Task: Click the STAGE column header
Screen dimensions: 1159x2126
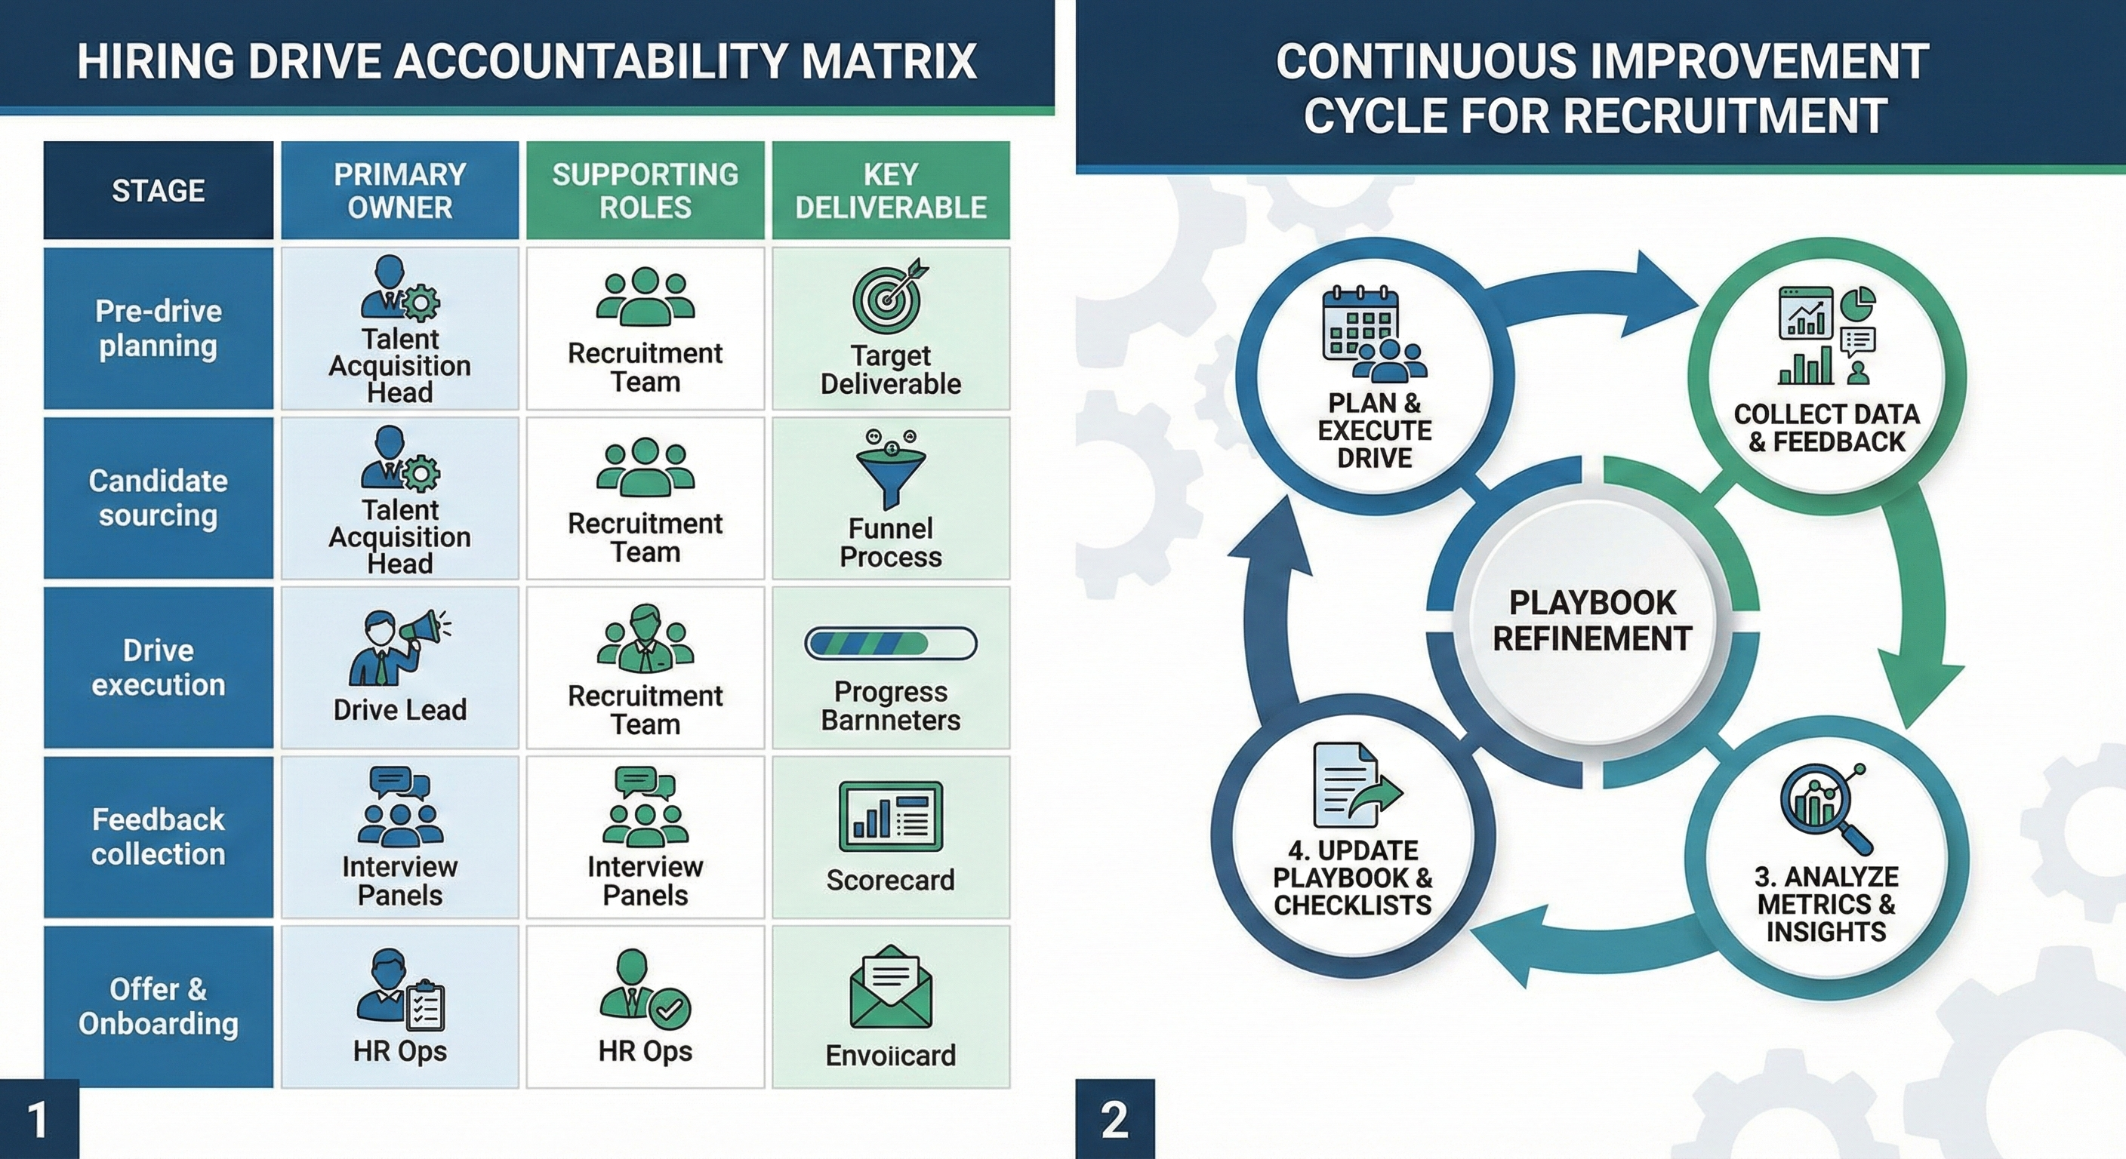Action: pos(158,191)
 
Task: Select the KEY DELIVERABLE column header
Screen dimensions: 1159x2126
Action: pos(891,191)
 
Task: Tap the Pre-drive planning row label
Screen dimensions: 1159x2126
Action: pos(158,328)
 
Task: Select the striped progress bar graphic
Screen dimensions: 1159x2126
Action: pos(891,644)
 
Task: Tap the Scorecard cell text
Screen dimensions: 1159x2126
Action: pos(891,880)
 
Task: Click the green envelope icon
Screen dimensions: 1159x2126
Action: pos(891,988)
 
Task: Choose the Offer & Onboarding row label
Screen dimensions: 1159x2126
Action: pos(158,1007)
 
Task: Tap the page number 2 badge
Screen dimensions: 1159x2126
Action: pos(1114,1121)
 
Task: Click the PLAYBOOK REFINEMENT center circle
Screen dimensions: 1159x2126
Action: pos(1592,620)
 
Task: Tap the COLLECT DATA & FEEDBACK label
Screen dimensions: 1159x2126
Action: pos(1826,427)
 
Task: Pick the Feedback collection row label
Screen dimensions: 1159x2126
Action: pos(158,837)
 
